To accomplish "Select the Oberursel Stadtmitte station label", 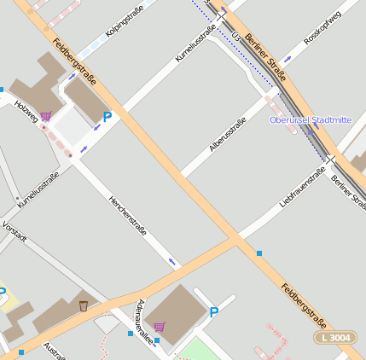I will pos(310,120).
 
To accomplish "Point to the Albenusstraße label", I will pos(228,135).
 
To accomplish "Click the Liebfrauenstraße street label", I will pos(303,188).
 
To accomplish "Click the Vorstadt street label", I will pos(15,231).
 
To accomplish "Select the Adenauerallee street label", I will pos(145,322).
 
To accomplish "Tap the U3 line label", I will pos(235,34).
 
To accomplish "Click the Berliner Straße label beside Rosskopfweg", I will pos(262,52).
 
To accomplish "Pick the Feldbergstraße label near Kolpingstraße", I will pos(73,61).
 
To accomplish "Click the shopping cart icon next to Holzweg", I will pos(45,116).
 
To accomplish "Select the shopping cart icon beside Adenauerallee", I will pos(160,326).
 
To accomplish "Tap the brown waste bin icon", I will pos(84,305).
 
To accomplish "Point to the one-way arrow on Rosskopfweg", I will pos(288,59).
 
